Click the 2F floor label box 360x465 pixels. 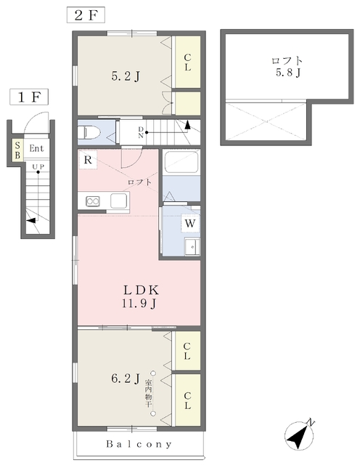(x=86, y=15)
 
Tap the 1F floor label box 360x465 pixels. (x=29, y=97)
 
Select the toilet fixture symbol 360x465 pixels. (x=88, y=132)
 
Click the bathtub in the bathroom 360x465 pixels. (x=181, y=162)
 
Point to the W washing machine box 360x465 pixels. (x=190, y=223)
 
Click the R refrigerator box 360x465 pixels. (x=88, y=160)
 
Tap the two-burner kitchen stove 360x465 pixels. (x=93, y=201)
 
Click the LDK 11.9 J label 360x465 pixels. (x=140, y=296)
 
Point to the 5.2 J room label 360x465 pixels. (x=126, y=77)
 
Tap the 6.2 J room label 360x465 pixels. (x=126, y=379)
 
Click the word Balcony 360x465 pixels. (x=139, y=444)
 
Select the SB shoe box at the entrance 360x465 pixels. (x=17, y=150)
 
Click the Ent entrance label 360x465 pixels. (x=36, y=148)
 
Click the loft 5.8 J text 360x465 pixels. (x=287, y=66)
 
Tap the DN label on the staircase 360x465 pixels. (x=141, y=132)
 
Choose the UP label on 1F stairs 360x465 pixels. (x=38, y=166)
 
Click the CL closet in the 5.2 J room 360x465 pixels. (x=187, y=62)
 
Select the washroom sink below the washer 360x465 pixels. (x=192, y=246)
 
